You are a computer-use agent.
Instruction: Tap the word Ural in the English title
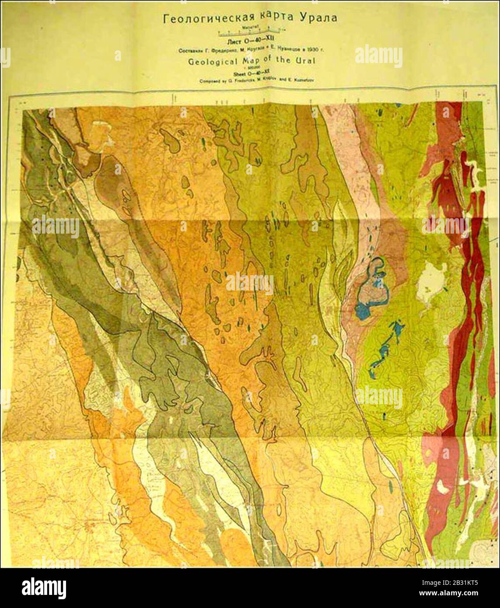307,61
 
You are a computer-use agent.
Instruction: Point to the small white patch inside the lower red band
440,486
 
